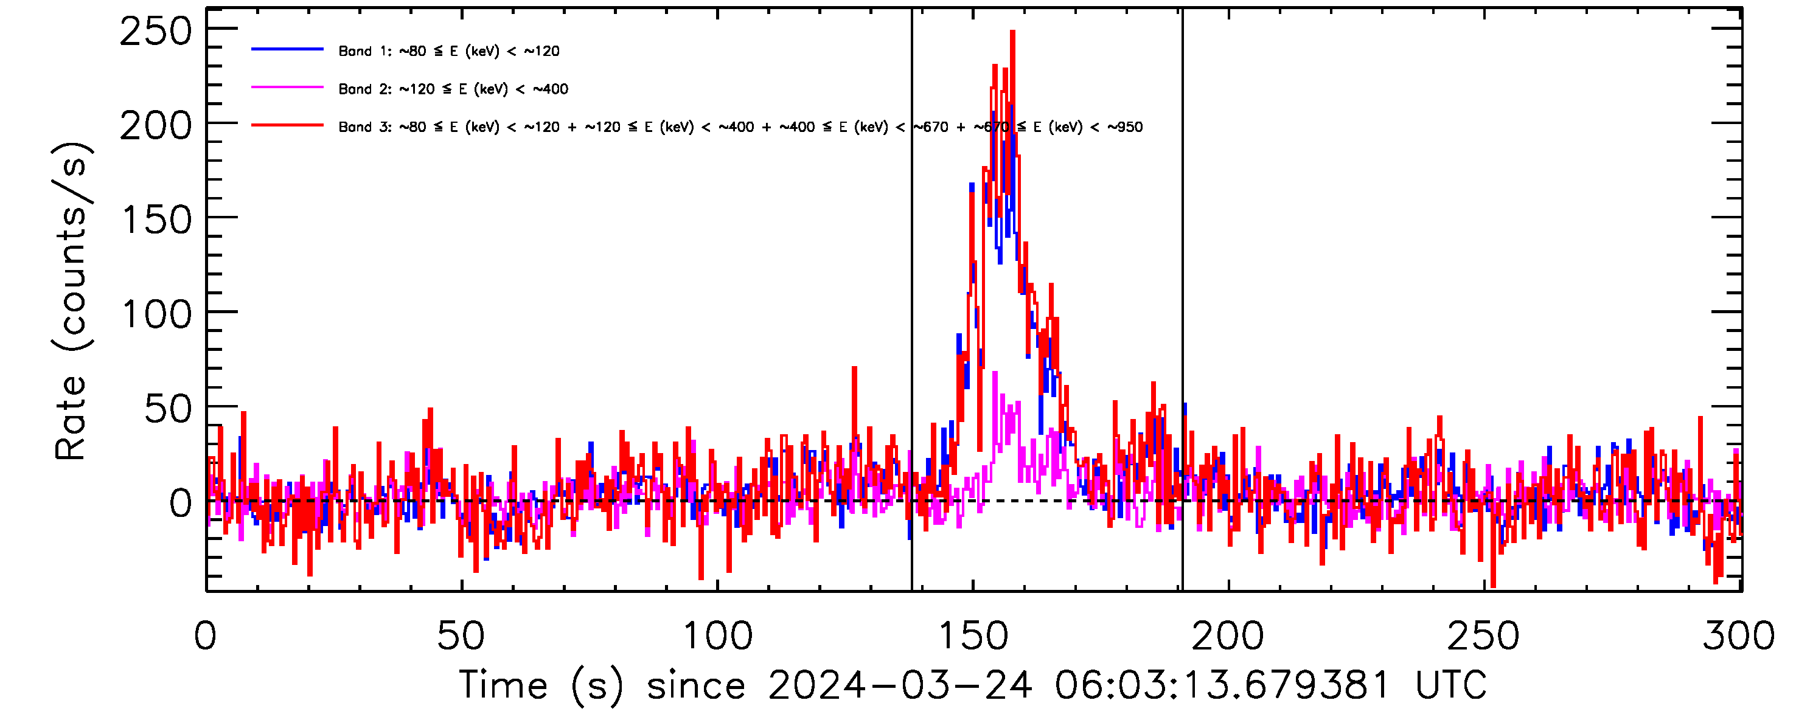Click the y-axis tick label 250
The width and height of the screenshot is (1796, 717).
(x=156, y=32)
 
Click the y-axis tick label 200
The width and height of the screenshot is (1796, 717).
(x=156, y=127)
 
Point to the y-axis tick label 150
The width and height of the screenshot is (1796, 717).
(x=157, y=221)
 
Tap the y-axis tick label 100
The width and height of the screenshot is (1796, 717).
(x=157, y=315)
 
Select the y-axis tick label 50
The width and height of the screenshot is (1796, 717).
(x=168, y=409)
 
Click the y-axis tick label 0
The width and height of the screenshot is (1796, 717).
(x=181, y=503)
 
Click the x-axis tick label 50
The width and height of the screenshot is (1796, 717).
(x=460, y=636)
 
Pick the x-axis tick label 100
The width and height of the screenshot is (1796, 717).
(x=717, y=636)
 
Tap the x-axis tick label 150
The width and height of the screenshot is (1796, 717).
(x=973, y=636)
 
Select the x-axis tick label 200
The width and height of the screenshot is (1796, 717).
(x=1228, y=636)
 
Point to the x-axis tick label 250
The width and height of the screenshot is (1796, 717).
(x=1484, y=636)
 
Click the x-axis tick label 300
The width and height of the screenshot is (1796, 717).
(x=1738, y=636)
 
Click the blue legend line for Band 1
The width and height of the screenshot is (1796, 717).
(x=287, y=49)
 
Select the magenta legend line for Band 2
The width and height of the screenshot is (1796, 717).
(x=287, y=88)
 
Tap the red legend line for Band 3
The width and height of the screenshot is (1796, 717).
(x=287, y=125)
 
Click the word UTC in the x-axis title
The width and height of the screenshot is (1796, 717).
(x=1451, y=685)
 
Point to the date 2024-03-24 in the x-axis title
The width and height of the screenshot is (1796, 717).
(x=899, y=685)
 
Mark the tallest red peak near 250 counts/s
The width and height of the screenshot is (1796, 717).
(x=1012, y=33)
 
